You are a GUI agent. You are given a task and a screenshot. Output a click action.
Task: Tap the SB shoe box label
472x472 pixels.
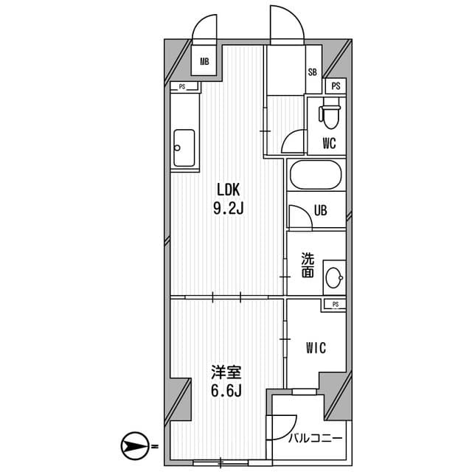pos(312,72)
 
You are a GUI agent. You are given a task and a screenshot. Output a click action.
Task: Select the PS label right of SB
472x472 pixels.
pos(336,86)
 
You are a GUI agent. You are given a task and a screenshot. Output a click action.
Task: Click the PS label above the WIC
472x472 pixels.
pos(336,304)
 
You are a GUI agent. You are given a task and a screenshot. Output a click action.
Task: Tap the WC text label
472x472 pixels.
pos(329,144)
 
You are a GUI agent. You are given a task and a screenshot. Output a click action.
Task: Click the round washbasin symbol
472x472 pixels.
pos(334,278)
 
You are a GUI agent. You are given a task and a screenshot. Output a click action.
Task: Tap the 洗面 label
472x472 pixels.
pos(308,265)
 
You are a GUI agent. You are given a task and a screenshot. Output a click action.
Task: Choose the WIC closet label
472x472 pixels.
pos(316,347)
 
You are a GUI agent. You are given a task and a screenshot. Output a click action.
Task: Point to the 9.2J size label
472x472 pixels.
pos(229,208)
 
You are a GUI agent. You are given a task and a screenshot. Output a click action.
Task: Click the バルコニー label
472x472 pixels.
pos(315,438)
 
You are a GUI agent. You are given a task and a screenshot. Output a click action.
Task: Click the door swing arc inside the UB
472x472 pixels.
pos(299,216)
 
